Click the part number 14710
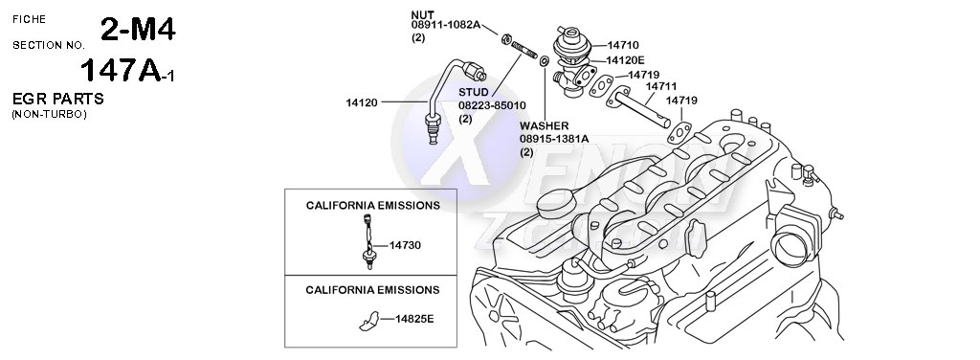click(x=623, y=45)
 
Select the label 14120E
click(x=625, y=59)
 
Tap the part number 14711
click(x=659, y=86)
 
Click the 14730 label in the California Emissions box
click(x=406, y=245)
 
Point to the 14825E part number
click(x=414, y=318)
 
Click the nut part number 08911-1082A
click(x=446, y=25)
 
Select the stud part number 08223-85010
click(x=492, y=105)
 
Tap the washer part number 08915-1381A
click(x=553, y=139)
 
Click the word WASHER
click(x=545, y=125)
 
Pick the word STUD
click(x=474, y=92)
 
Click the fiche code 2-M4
click(x=138, y=31)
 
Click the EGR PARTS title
click(x=57, y=100)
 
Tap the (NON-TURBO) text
click(x=49, y=114)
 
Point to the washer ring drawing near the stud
click(x=545, y=61)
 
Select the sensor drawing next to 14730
click(x=368, y=239)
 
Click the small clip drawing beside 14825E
click(x=368, y=320)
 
